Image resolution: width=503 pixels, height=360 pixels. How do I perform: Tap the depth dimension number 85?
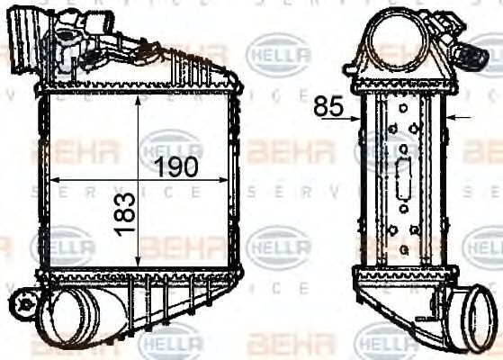(329, 106)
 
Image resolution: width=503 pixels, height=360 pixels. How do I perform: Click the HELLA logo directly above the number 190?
(170, 144)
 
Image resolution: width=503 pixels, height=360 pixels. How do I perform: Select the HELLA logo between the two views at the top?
(278, 51)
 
